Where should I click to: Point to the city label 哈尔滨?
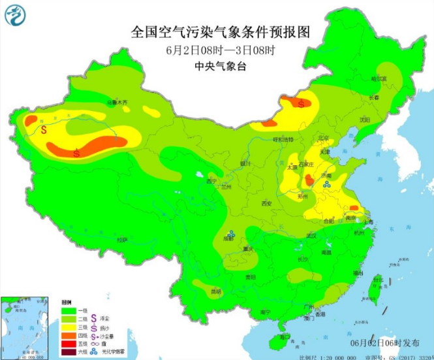(379, 78)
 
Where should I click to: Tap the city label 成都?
(228, 239)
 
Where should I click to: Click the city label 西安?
(266, 203)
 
